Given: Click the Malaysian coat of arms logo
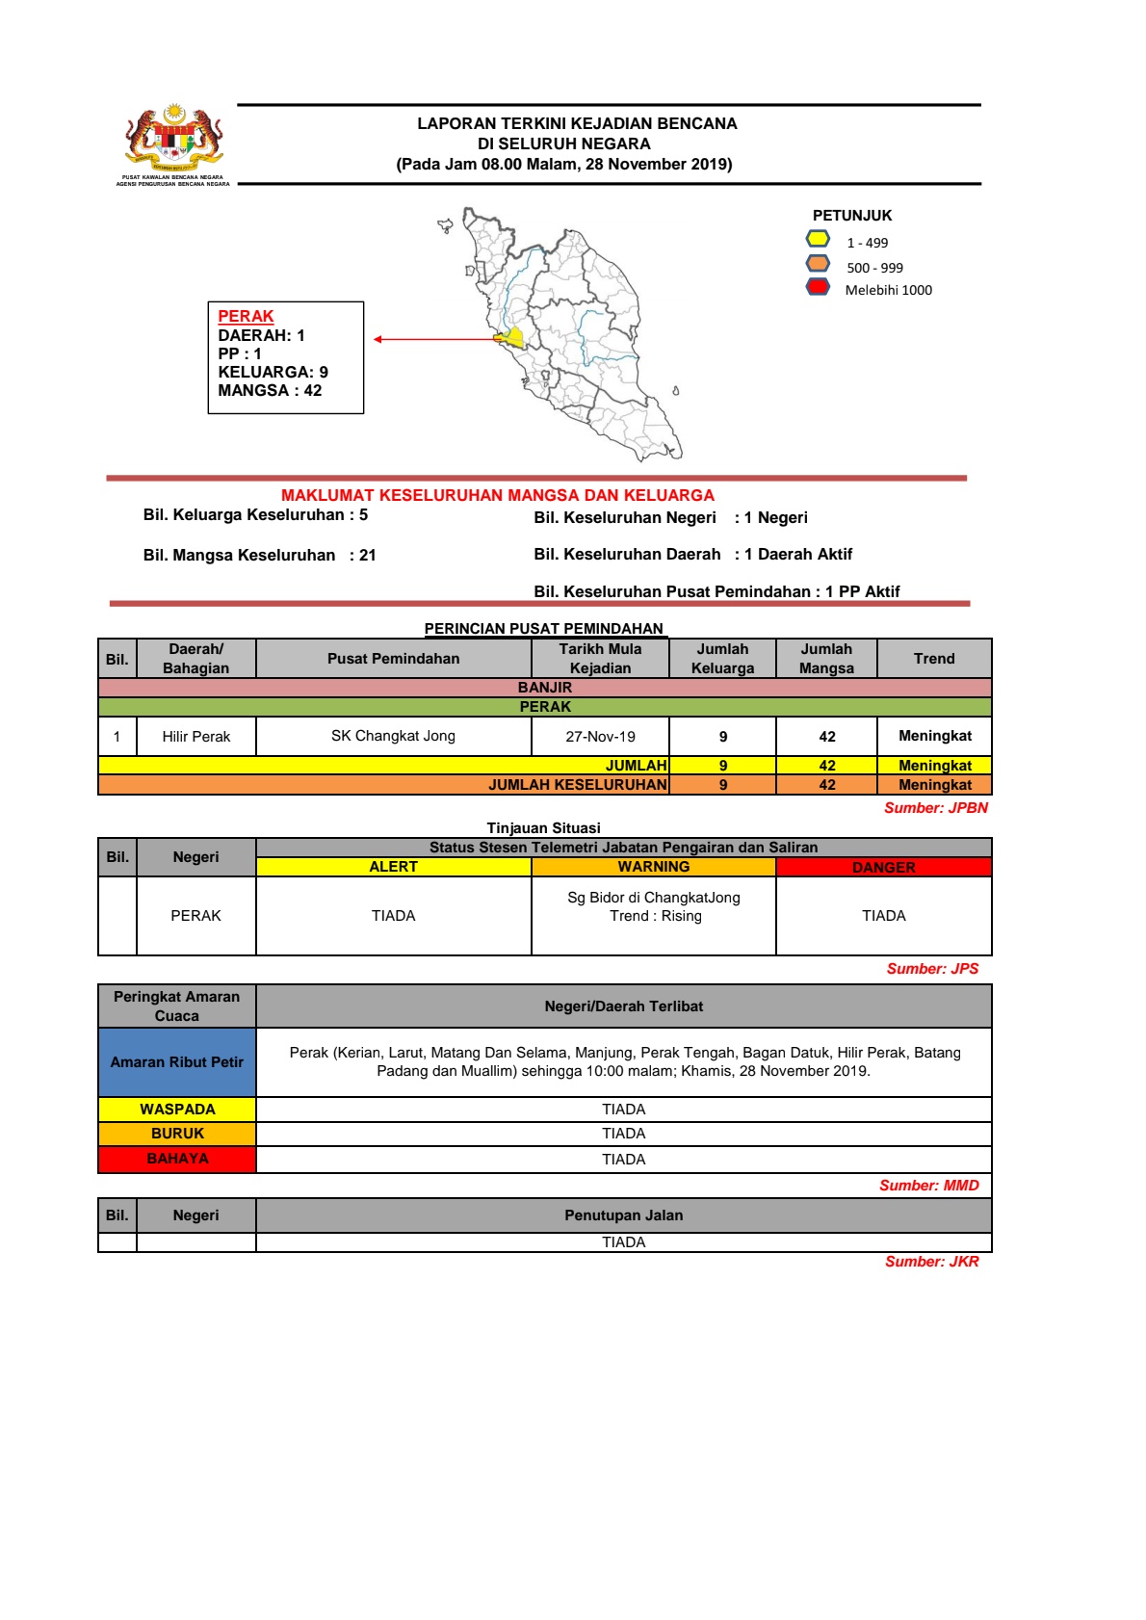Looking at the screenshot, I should pyautogui.click(x=173, y=139).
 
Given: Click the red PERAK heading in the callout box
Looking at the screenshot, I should pyautogui.click(x=246, y=316).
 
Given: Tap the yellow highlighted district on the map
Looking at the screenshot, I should pyautogui.click(x=511, y=338).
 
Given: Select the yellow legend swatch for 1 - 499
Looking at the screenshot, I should pyautogui.click(x=818, y=239).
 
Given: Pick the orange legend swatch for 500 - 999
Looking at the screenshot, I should pyautogui.click(x=818, y=264).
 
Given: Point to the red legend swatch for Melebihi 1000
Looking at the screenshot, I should pyautogui.click(x=818, y=287).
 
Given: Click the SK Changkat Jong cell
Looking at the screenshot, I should pyautogui.click(x=393, y=736).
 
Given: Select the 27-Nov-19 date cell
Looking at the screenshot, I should pyautogui.click(x=600, y=737).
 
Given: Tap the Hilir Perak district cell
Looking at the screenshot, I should pyautogui.click(x=195, y=737).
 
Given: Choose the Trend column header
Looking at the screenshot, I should pyautogui.click(x=934, y=659).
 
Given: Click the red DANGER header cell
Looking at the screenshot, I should pyautogui.click(x=883, y=867).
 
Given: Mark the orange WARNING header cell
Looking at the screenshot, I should pyautogui.click(x=653, y=867).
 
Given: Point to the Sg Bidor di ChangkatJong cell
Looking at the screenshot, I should pyautogui.click(x=653, y=906).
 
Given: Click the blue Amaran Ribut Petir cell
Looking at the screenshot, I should pyautogui.click(x=177, y=1062).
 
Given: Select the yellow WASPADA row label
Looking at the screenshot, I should pyautogui.click(x=177, y=1110).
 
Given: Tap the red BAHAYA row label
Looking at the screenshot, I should pyautogui.click(x=177, y=1159).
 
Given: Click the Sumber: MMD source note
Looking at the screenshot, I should pyautogui.click(x=928, y=1186).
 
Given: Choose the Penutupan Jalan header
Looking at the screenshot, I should pyautogui.click(x=623, y=1215).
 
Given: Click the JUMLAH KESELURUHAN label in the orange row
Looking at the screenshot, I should pyautogui.click(x=577, y=785).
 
